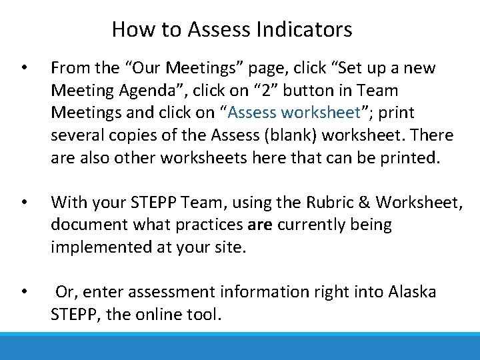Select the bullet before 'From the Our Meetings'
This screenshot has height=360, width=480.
(24, 68)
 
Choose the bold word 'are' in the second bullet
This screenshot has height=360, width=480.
(259, 225)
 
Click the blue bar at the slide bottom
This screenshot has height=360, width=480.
(240, 347)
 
